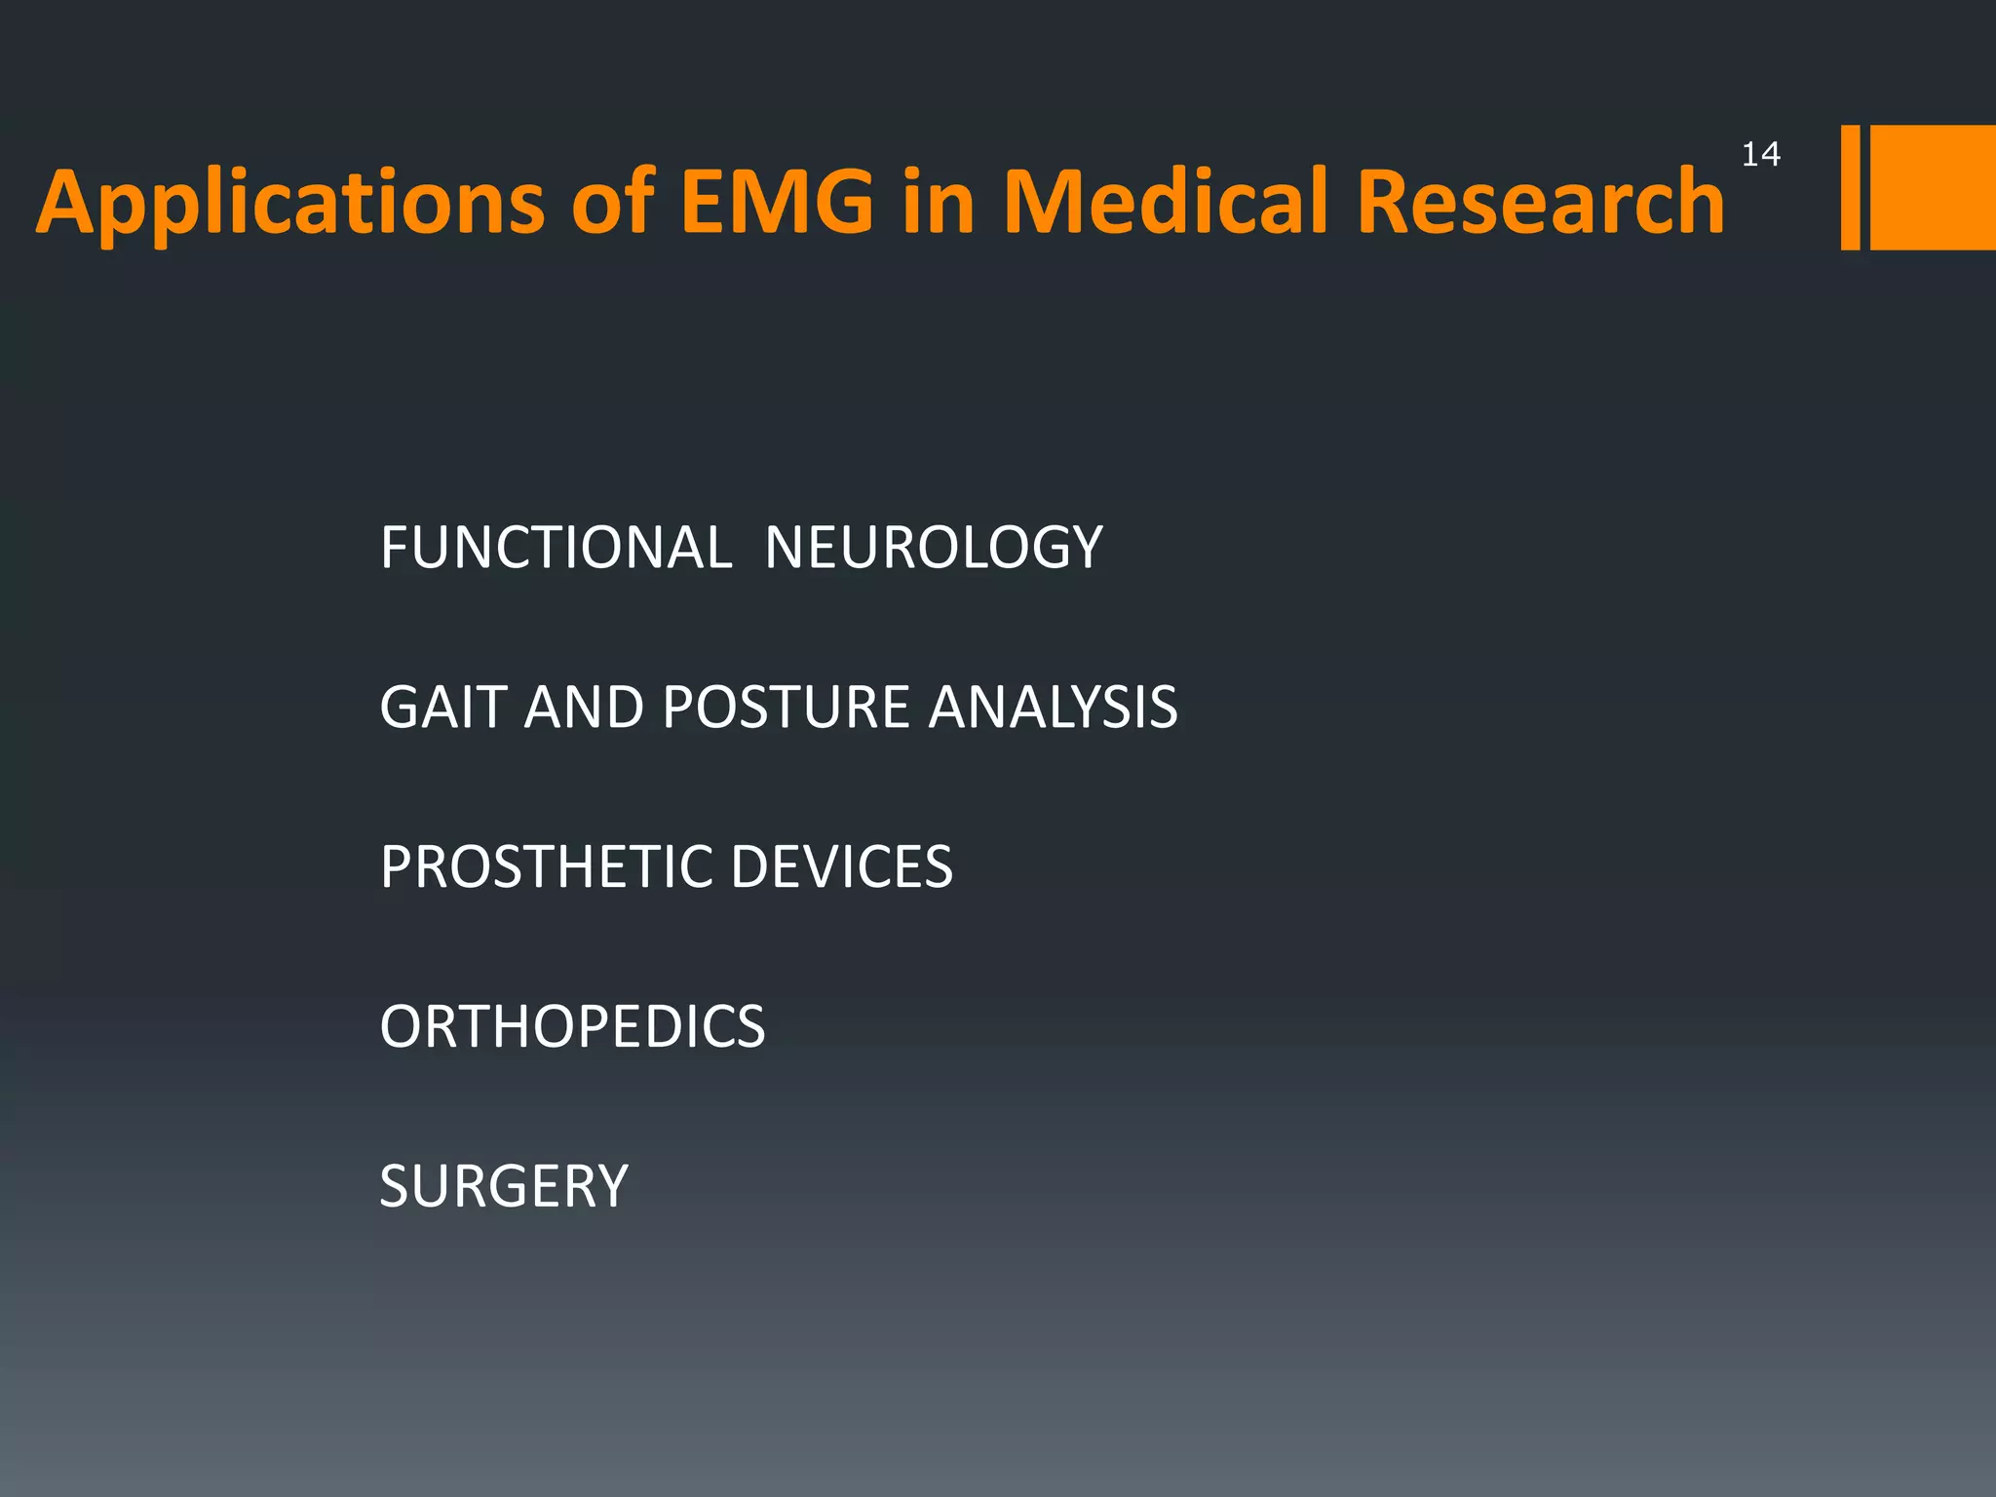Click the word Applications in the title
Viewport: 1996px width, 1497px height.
coord(290,203)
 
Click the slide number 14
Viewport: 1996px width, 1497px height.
coord(1760,154)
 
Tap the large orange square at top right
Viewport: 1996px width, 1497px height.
coord(1933,187)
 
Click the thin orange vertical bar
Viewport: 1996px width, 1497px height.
coord(1850,187)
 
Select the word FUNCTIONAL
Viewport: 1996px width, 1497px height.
coord(556,548)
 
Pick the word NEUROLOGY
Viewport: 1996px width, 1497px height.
coord(934,548)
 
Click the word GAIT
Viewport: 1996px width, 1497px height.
coord(442,707)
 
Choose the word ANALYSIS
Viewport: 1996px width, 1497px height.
coord(1053,707)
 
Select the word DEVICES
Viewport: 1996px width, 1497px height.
coord(841,866)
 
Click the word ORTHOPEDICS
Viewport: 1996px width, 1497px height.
coord(572,1026)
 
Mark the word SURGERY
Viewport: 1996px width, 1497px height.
coord(504,1186)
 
